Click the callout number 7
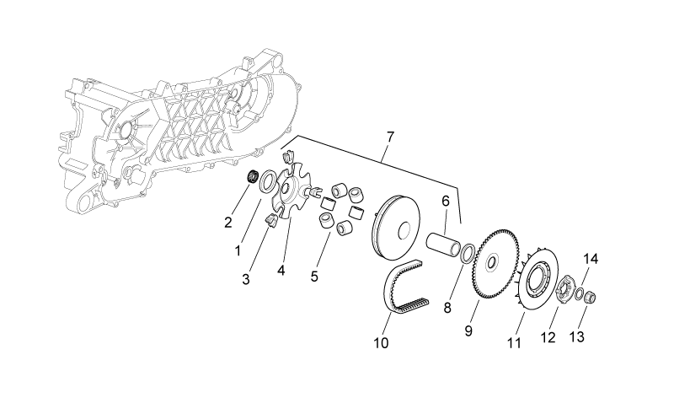pos(389,137)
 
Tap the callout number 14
pos(591,259)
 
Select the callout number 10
pos(382,343)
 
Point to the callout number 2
pos(227,223)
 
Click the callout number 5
pos(314,277)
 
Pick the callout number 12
pos(548,338)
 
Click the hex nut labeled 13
pos(591,297)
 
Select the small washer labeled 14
pos(580,294)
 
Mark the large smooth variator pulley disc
pos(396,229)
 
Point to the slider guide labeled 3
pos(270,219)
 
